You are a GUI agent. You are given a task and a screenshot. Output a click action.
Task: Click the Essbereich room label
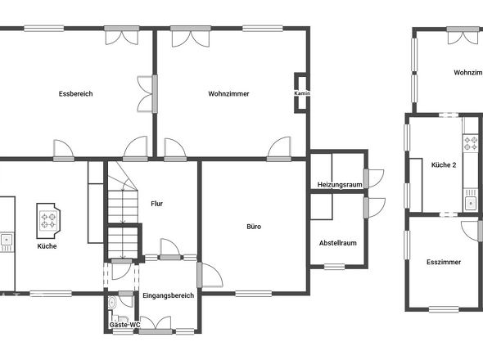click(x=76, y=94)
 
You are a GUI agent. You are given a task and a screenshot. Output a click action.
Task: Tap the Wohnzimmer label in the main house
click(x=228, y=94)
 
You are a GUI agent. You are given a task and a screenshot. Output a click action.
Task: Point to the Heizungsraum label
click(x=340, y=185)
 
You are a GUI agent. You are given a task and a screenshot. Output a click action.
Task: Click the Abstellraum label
click(x=337, y=243)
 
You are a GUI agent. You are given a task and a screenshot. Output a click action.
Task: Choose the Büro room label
click(x=254, y=227)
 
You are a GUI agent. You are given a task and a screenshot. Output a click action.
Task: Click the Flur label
click(x=157, y=203)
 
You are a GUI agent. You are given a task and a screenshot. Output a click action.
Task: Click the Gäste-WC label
click(x=124, y=326)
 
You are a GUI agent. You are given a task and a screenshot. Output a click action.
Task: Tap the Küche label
click(x=47, y=245)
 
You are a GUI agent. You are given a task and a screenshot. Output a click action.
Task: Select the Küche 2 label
click(x=443, y=165)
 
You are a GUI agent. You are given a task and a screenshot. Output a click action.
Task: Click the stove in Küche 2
click(x=471, y=143)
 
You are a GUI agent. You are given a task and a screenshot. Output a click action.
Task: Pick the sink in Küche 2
click(x=471, y=202)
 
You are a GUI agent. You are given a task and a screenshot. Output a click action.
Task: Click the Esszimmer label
click(x=443, y=262)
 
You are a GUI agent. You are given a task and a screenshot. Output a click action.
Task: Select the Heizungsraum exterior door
click(x=371, y=178)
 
